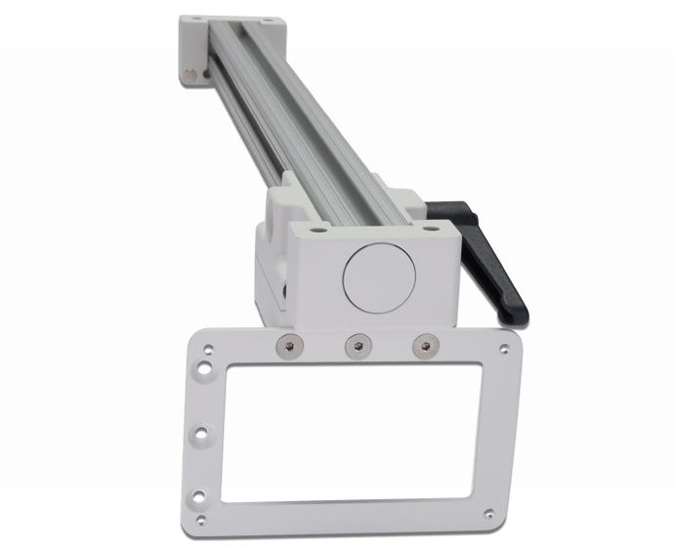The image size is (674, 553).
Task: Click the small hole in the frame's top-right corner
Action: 503,348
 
